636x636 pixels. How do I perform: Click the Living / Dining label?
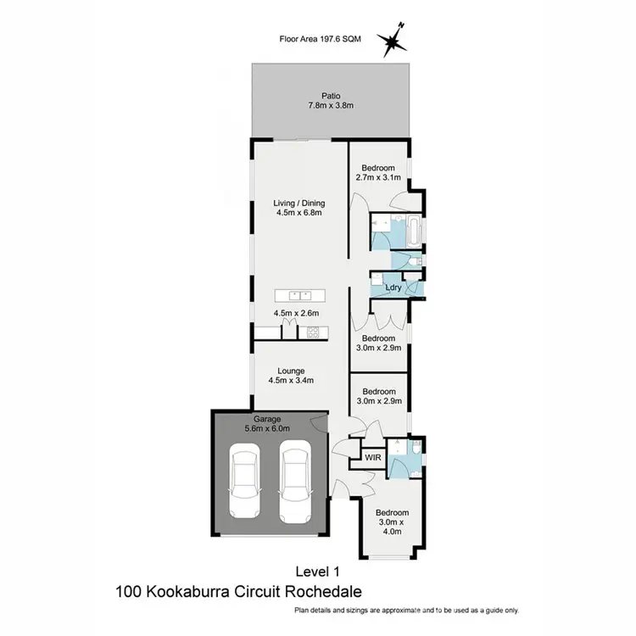click(299, 209)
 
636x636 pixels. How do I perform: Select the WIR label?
click(373, 457)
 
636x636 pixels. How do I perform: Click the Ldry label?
click(393, 287)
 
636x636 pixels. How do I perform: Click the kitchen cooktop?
click(311, 332)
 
